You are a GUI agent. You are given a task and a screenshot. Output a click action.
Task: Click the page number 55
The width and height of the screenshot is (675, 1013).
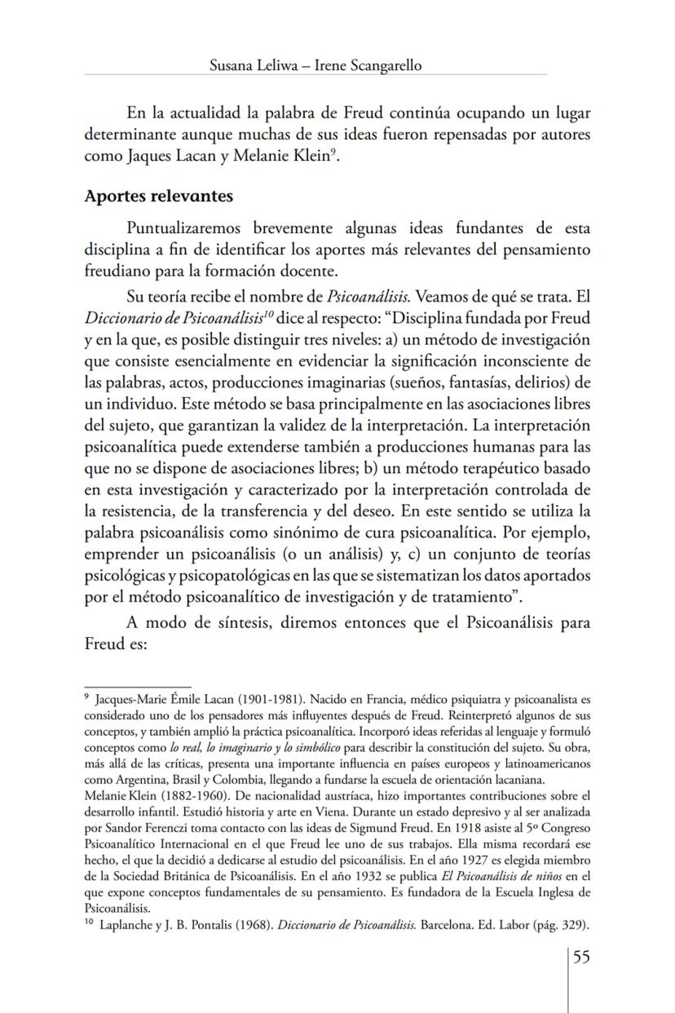click(x=580, y=957)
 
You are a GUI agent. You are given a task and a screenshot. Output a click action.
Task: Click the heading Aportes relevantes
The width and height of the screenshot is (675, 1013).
click(x=159, y=197)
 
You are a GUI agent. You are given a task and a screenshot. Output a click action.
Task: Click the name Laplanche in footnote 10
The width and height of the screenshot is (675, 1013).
click(x=122, y=926)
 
